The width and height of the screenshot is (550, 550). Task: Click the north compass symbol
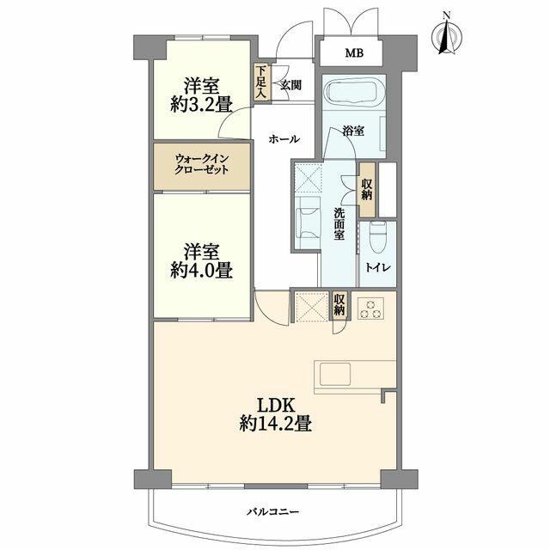point(446,37)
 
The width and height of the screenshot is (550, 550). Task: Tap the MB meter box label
point(354,53)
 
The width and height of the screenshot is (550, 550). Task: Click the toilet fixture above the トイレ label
point(377,234)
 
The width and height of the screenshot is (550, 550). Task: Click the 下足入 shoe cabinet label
point(260,83)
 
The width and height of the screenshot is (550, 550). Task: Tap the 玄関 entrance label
point(289,83)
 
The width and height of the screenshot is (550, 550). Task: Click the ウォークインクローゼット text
point(202,164)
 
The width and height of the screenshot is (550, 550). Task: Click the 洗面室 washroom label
point(340,223)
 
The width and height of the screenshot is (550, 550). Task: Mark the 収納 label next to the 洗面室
point(367,188)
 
